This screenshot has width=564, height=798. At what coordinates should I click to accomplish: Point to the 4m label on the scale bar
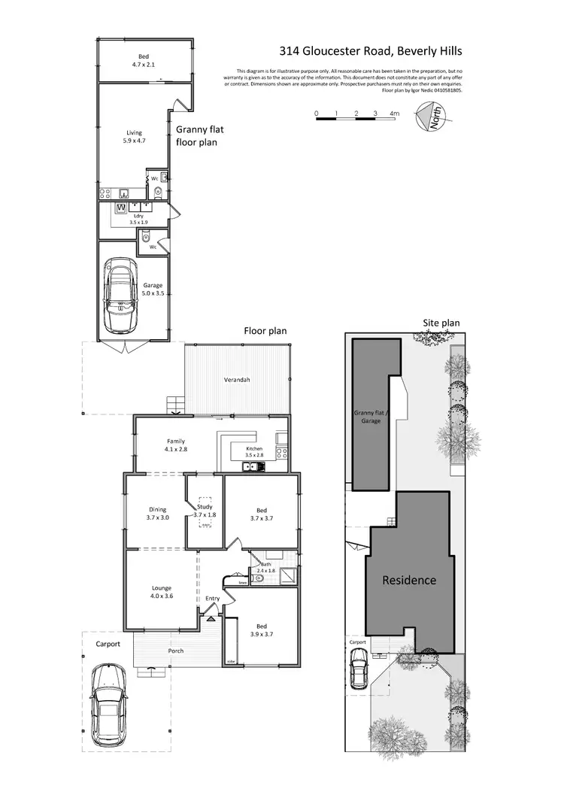[x=393, y=114]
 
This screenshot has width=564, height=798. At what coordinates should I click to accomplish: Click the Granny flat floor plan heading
[x=196, y=135]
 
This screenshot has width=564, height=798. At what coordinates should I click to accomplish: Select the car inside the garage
[x=120, y=296]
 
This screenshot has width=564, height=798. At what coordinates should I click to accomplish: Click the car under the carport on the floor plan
[x=107, y=712]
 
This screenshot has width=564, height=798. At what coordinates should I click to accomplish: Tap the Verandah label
[x=237, y=380]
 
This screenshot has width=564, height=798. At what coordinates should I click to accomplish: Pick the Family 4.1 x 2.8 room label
[x=176, y=445]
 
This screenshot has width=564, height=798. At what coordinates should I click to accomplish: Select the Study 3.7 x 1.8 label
[x=204, y=511]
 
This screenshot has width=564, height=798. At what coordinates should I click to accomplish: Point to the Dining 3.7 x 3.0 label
[x=157, y=514]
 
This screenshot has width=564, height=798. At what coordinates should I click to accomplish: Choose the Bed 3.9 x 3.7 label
[x=261, y=630]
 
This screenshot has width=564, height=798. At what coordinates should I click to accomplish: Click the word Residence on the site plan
[x=409, y=580]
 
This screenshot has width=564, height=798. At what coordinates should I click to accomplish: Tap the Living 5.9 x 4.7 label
[x=134, y=136]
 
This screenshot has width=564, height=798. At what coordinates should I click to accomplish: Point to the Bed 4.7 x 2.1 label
[x=143, y=60]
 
